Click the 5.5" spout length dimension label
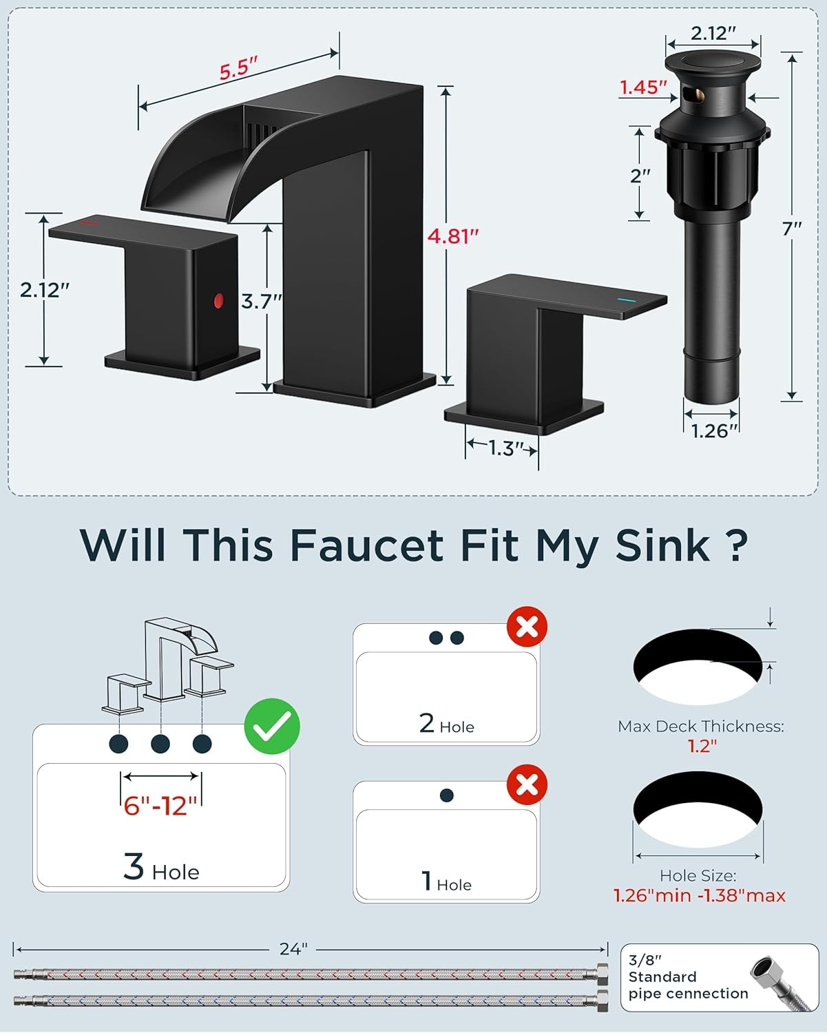(x=238, y=68)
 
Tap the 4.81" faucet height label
(x=453, y=236)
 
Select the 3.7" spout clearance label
(x=262, y=302)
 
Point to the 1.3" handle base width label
(x=505, y=448)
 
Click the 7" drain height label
(x=792, y=229)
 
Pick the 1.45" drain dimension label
(x=643, y=87)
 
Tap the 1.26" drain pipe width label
(x=713, y=431)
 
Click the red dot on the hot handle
(x=218, y=300)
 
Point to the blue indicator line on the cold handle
(x=625, y=300)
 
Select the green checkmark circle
(x=272, y=726)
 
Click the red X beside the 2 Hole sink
(x=527, y=627)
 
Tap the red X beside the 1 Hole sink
(x=527, y=784)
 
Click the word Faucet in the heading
(x=367, y=545)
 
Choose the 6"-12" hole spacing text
(x=161, y=806)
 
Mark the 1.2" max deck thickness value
(x=702, y=746)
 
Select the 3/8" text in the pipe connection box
(x=645, y=960)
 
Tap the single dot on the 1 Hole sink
(x=446, y=795)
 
